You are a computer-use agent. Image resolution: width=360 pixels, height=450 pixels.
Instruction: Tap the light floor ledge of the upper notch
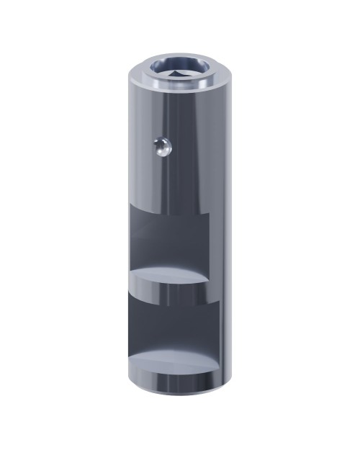(171, 276)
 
